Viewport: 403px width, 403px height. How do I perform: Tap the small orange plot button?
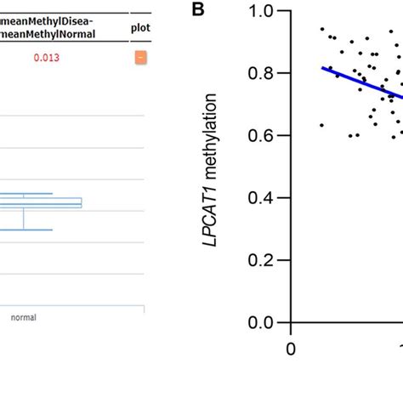(139, 58)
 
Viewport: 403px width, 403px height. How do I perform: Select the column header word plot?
(139, 26)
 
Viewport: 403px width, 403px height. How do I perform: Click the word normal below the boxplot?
(23, 317)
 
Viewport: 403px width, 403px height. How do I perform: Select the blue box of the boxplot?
(51, 202)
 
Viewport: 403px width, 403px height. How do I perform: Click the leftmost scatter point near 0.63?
(321, 125)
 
